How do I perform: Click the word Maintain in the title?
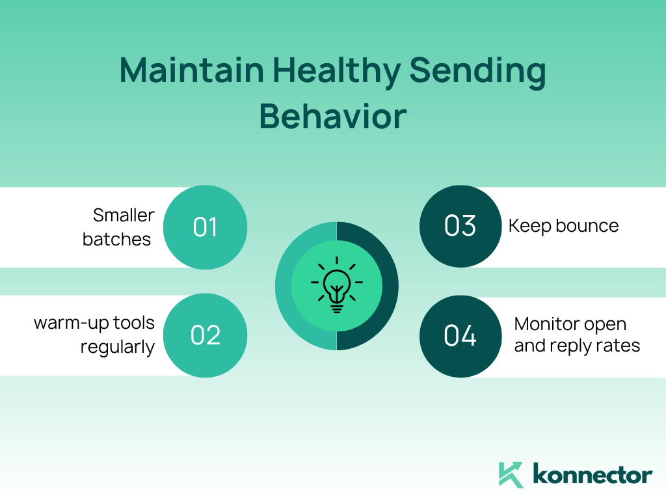(x=192, y=70)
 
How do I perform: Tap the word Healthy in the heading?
(x=336, y=72)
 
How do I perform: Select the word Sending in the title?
(x=477, y=72)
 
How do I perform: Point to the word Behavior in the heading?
(x=333, y=116)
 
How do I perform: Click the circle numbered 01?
(x=205, y=227)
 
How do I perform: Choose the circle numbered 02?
(x=205, y=335)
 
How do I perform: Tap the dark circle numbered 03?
(x=460, y=226)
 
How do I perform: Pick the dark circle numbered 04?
(x=460, y=336)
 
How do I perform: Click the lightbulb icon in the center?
(x=337, y=285)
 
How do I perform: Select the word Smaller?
(x=124, y=215)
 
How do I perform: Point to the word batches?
(x=117, y=240)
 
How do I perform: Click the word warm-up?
(x=72, y=324)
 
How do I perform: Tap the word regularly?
(x=118, y=348)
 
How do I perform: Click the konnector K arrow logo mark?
(x=511, y=475)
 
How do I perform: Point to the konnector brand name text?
(x=593, y=475)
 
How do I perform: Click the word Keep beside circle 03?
(x=529, y=226)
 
